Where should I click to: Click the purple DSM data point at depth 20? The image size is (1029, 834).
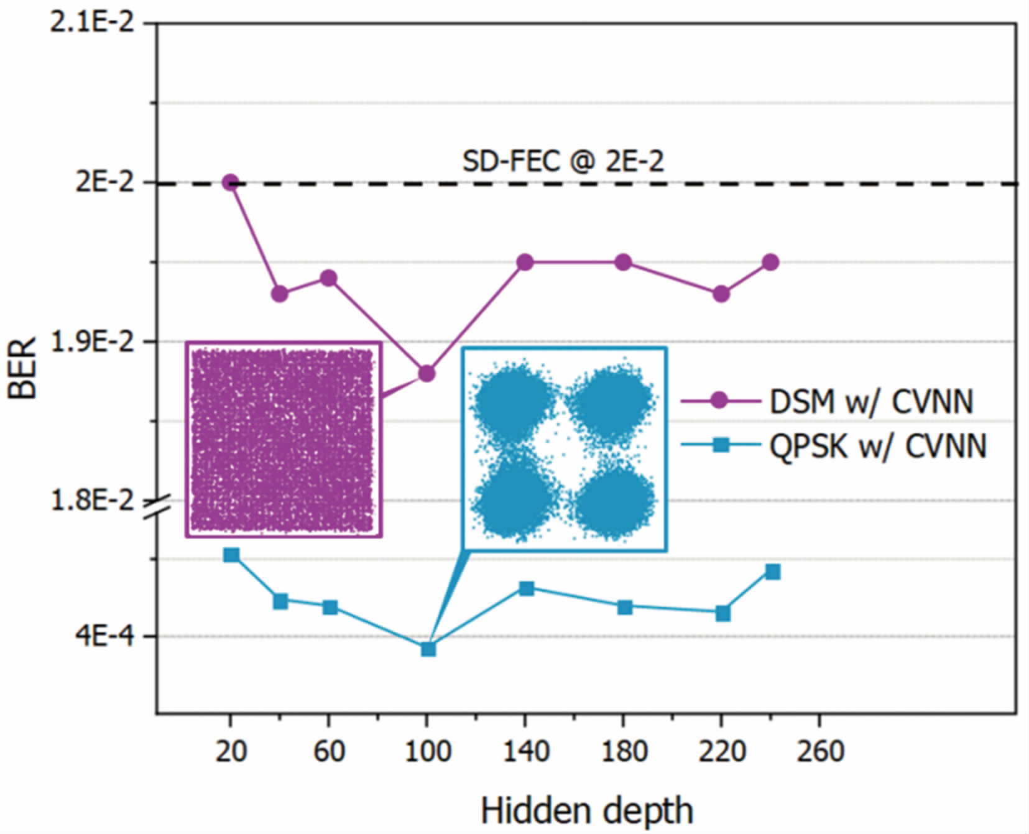231,183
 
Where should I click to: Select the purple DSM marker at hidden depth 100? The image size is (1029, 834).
427,374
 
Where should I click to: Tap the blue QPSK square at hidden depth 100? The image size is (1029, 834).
428,649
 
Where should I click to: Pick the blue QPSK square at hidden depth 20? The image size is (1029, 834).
231,555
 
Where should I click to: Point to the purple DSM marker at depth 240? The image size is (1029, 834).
771,262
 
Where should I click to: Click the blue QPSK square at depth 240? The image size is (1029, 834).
773,572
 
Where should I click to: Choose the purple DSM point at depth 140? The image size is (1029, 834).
525,262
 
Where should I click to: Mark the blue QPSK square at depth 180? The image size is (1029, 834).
625,607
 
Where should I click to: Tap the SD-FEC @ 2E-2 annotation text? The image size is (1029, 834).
563,161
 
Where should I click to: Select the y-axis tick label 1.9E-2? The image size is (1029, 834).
93,342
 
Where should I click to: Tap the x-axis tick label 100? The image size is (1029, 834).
428,751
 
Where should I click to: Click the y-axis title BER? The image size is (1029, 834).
24,368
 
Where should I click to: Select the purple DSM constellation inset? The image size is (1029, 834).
284,439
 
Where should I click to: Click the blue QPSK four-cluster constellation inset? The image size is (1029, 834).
565,449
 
